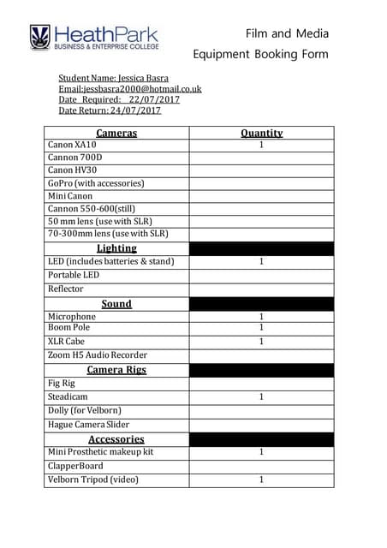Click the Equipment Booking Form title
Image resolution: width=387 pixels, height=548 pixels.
(261, 54)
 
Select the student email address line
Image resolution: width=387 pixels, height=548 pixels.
(129, 87)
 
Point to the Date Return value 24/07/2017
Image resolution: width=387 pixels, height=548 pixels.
(135, 110)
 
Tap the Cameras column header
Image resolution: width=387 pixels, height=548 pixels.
(116, 133)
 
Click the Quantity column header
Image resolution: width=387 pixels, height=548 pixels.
(261, 133)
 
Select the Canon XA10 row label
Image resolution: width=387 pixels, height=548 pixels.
(72, 146)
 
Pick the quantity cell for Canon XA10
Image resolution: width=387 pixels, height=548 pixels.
(261, 146)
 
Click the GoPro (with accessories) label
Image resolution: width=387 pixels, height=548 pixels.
(96, 183)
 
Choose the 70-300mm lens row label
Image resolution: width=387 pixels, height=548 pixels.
(108, 233)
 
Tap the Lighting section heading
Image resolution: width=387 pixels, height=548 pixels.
(116, 248)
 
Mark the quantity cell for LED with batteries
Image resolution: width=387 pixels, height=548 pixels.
(261, 261)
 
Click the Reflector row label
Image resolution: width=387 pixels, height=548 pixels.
(66, 289)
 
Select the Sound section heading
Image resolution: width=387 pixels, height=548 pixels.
(116, 304)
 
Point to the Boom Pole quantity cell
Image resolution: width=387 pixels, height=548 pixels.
(261, 327)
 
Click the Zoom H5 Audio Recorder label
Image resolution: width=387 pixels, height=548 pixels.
(98, 354)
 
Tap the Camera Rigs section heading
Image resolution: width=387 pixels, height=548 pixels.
(116, 370)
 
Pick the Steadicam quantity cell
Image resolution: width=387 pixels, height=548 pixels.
(261, 397)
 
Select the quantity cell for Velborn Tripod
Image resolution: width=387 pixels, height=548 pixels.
(261, 479)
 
